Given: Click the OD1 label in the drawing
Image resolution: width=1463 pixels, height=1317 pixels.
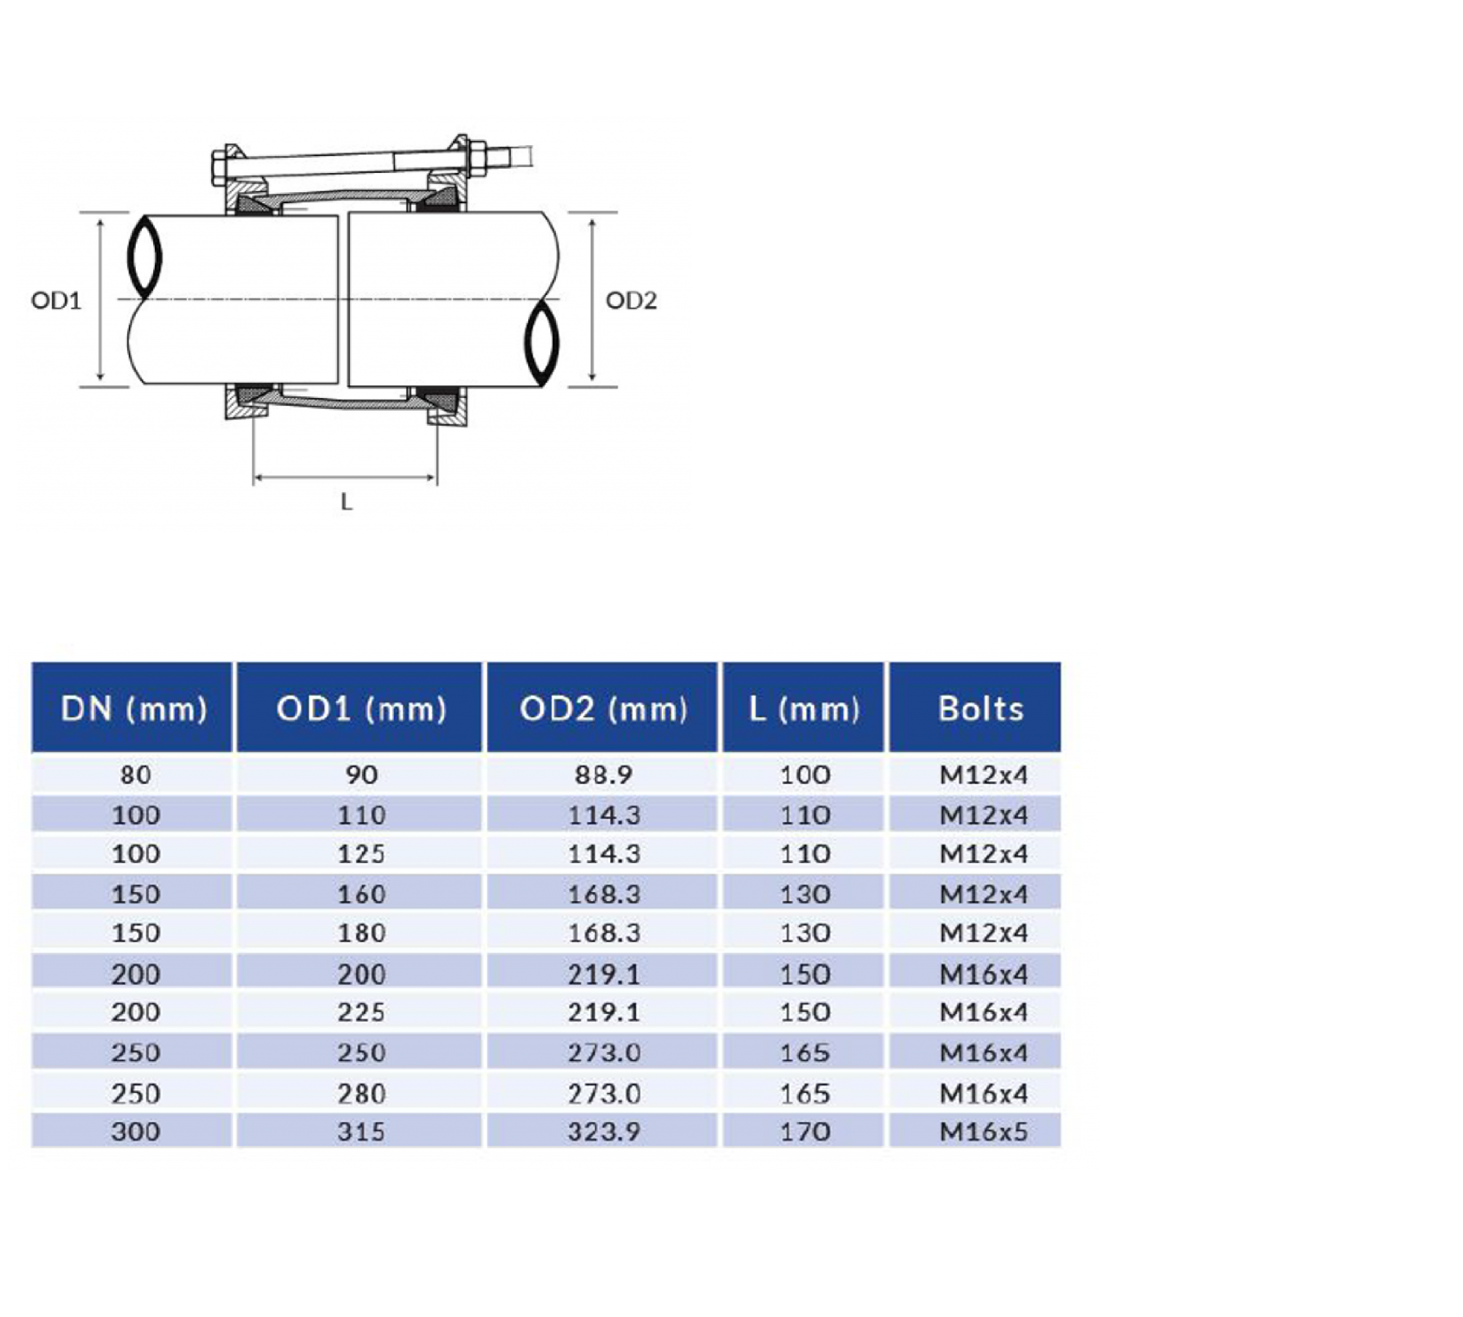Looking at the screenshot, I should pos(56,300).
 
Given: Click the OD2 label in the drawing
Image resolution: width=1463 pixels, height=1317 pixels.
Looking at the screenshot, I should pos(631,300).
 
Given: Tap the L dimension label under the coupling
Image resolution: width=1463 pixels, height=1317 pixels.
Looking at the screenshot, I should pos(346,502).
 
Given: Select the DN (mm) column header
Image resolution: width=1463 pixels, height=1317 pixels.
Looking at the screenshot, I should pos(134,707).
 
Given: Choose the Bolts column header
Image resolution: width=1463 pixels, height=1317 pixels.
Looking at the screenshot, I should pos(980,707).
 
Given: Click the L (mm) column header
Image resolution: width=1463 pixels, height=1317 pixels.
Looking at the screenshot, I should pos(804,707).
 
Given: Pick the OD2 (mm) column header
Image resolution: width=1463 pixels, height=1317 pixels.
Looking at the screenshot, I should pos(603,707).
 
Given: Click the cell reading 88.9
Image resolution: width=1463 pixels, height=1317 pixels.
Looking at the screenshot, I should pos(603,775).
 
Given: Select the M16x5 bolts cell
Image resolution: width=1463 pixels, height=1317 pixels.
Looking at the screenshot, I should pos(982,1131).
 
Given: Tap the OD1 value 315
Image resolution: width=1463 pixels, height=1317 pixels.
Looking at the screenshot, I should pos(360,1131).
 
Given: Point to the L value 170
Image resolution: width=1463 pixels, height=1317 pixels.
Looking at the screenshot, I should pos(804,1131).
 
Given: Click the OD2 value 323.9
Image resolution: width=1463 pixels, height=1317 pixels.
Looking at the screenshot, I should pos(603,1131).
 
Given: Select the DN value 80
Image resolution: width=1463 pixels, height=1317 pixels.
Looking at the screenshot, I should pos(135,775).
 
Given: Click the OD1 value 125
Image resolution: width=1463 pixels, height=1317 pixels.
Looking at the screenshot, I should pos(360,854).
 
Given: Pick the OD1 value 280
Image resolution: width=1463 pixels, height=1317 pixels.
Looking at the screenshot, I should pos(360,1093).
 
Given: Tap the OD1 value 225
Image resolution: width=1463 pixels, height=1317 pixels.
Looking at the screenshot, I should pos(360,1012).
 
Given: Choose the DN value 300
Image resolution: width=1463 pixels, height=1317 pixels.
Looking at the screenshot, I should pos(135,1131).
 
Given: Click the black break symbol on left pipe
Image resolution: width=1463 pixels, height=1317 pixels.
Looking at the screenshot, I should pos(145,256).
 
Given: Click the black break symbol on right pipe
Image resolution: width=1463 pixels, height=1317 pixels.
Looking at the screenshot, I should pos(542,344).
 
